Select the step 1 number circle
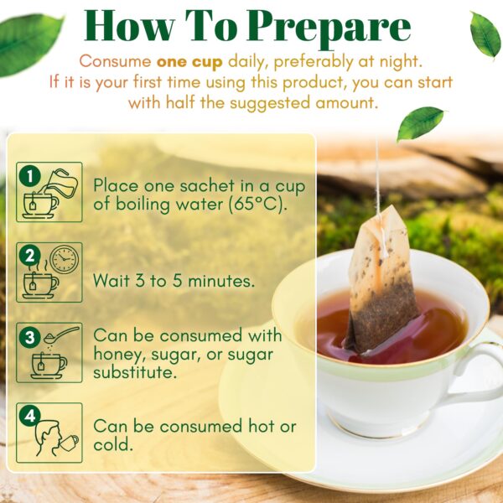[29, 176]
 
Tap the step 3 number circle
[29, 337]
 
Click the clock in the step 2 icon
[64, 260]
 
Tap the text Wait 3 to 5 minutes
[174, 280]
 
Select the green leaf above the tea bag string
[419, 123]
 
